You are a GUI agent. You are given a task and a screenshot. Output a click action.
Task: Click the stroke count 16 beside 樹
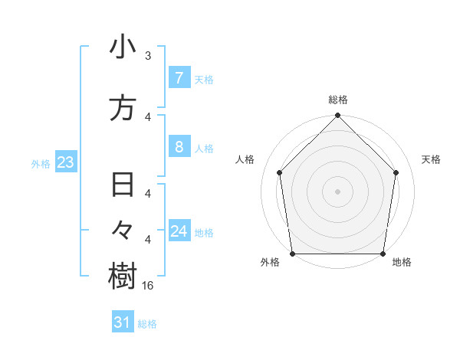pos(149,285)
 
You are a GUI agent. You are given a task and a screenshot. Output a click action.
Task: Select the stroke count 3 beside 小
pos(148,56)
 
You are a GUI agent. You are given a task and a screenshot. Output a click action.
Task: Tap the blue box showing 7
pos(179,78)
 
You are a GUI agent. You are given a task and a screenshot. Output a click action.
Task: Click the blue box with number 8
pos(179,147)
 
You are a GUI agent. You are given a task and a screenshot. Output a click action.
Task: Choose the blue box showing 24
pos(179,231)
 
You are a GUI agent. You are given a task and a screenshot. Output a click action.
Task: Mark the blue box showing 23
pos(64,162)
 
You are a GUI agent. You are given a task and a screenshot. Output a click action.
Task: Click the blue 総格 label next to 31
pos(147,324)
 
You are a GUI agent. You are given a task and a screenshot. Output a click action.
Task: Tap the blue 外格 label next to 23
pos(41,163)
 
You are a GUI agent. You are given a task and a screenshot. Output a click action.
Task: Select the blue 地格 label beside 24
pos(204,232)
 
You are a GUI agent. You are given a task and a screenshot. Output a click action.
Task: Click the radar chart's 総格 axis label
pos(338,100)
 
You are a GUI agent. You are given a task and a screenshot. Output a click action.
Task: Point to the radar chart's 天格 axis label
pos(431,159)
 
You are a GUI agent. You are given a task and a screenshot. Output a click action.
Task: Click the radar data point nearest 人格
pos(279,172)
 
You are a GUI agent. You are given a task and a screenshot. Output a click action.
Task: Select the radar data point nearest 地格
pos(383,254)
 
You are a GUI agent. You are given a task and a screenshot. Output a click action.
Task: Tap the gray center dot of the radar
pos(338,191)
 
